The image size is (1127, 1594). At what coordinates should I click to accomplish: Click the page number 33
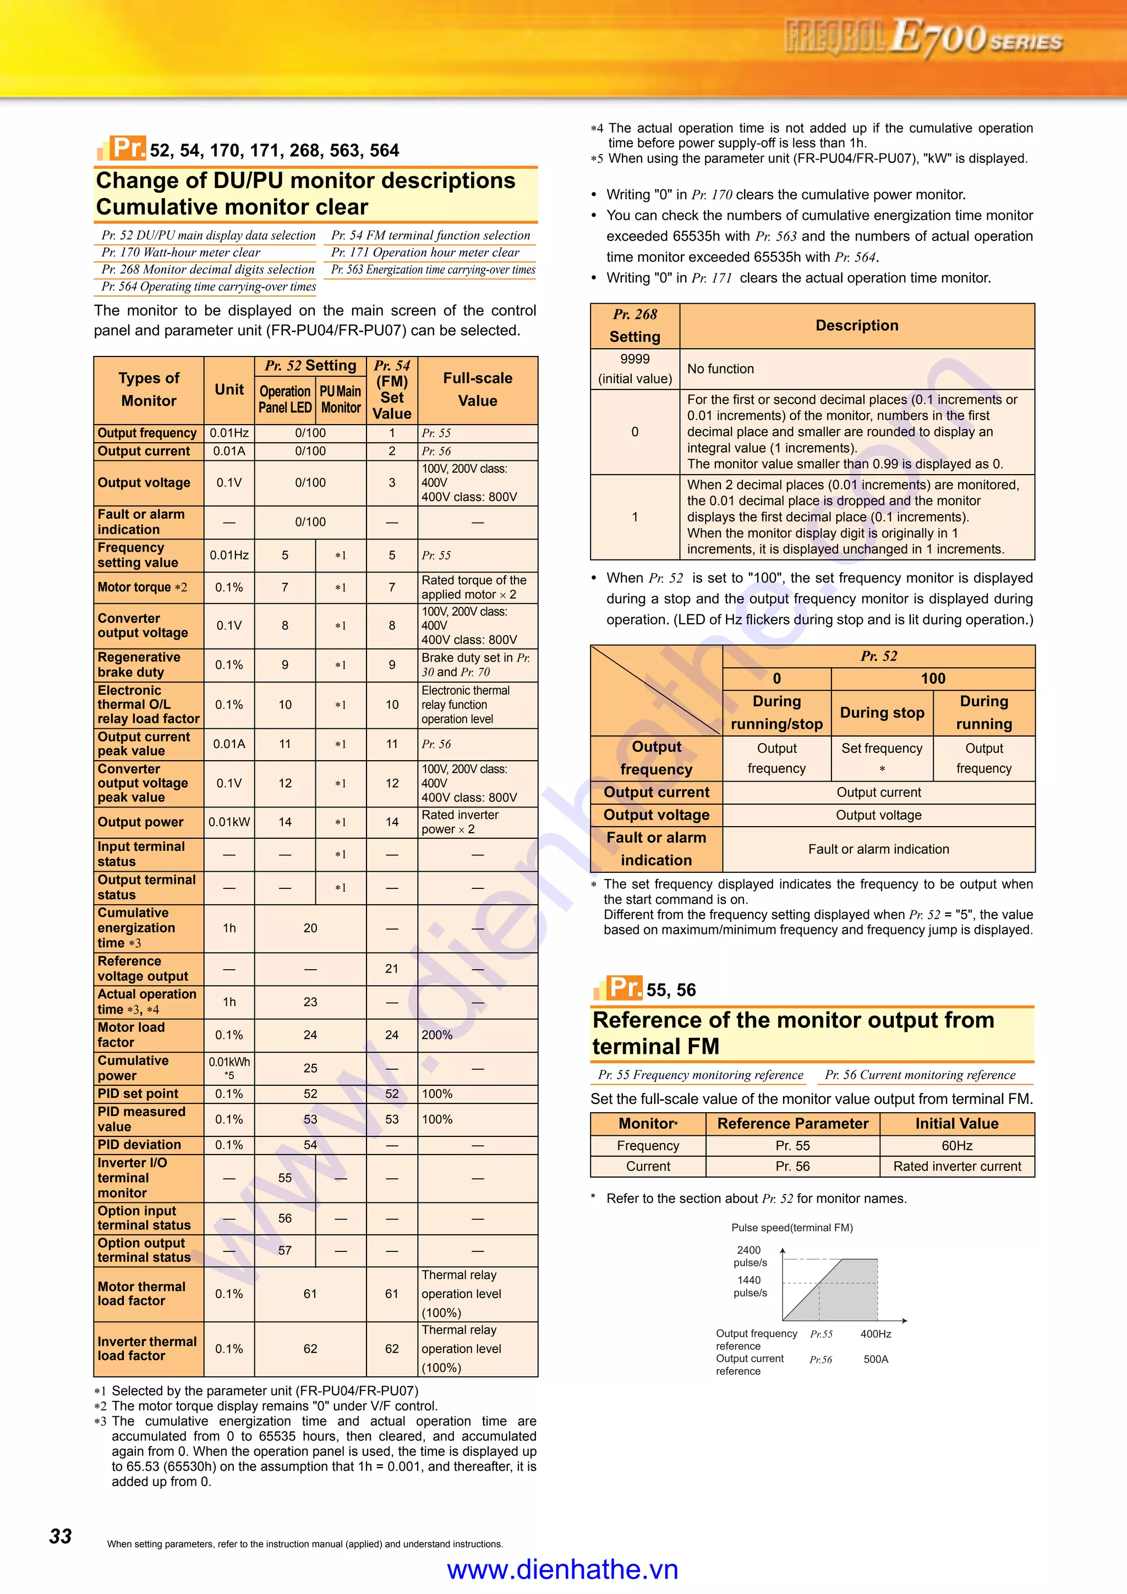[x=61, y=1536]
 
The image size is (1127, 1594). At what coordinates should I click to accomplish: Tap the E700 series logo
[x=923, y=37]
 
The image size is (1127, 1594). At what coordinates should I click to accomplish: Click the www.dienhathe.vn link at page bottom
[x=562, y=1569]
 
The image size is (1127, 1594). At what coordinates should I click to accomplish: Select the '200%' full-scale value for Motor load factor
[x=437, y=1035]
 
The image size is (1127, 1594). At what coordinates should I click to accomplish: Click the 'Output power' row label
[x=140, y=822]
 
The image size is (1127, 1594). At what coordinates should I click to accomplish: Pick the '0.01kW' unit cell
[x=229, y=822]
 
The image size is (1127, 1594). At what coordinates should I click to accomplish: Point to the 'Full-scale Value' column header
[x=478, y=389]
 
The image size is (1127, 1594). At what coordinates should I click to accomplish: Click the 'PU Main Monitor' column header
[x=340, y=399]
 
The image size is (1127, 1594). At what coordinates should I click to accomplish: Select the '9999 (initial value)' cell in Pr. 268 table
[x=634, y=369]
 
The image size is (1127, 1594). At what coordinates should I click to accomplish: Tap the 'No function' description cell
[x=720, y=369]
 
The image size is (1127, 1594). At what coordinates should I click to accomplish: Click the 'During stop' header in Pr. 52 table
[x=882, y=712]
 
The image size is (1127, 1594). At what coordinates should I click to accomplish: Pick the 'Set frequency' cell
[x=882, y=749]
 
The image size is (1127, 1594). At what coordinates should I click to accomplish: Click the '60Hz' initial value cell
[x=956, y=1146]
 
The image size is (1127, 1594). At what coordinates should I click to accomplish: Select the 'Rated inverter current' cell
[x=956, y=1166]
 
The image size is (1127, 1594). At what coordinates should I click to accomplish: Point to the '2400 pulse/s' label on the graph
[x=749, y=1256]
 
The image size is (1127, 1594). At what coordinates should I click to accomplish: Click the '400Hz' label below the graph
[x=876, y=1334]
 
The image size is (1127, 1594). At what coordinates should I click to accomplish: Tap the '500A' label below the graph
[x=876, y=1359]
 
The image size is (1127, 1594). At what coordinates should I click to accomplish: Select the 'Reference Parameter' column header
[x=792, y=1123]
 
